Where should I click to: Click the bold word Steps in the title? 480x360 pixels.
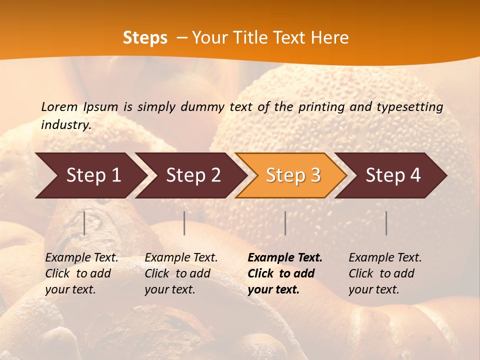point(145,38)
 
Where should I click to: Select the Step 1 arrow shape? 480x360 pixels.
point(90,175)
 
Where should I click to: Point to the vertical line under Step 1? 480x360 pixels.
point(84,223)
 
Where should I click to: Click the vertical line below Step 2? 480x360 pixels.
point(184,223)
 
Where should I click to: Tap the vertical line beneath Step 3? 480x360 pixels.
point(285,223)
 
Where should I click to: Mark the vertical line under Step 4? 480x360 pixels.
point(386,223)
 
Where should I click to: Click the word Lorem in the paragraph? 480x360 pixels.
point(59,106)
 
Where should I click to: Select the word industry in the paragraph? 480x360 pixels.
point(65,124)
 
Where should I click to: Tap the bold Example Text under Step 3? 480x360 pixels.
point(285,257)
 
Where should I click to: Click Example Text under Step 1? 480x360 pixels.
point(81,257)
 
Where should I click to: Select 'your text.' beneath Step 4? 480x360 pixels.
point(373,289)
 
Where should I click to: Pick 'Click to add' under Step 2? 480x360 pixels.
point(177,273)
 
